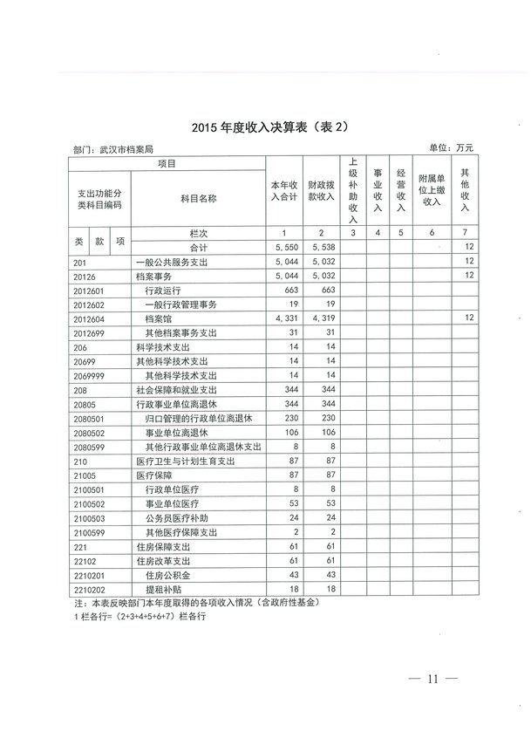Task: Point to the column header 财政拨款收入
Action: [322, 191]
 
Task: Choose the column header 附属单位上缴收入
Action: [432, 191]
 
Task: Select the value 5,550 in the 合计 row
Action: [286, 248]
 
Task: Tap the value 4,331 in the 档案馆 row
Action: [286, 318]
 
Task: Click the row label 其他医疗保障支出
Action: [181, 530]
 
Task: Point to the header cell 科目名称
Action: [198, 199]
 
